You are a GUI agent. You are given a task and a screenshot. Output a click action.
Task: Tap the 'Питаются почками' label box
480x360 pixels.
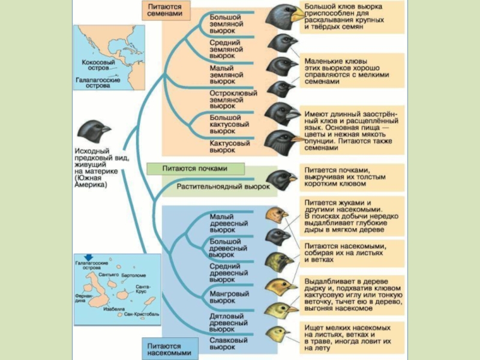(x=187, y=169)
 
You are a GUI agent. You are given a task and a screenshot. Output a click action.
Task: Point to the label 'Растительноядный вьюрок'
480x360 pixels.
(x=223, y=187)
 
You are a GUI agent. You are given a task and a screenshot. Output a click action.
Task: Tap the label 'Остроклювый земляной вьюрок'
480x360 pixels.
(x=233, y=100)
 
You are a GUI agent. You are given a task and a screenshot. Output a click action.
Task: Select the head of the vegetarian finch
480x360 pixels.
(x=280, y=179)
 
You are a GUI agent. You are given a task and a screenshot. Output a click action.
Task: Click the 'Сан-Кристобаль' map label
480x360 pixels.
(x=141, y=314)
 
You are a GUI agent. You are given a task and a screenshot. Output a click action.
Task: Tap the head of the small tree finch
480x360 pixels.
(x=278, y=215)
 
